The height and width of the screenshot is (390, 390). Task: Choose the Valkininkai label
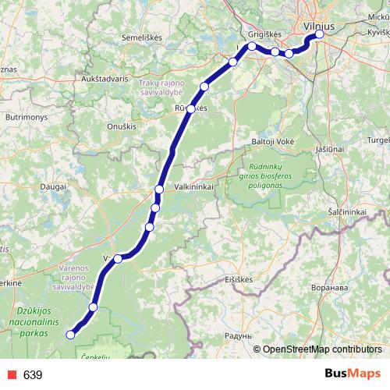[200, 187]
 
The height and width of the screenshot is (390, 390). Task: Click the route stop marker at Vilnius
[319, 35]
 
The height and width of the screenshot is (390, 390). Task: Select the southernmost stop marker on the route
[70, 335]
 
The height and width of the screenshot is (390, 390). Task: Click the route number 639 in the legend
[32, 375]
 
